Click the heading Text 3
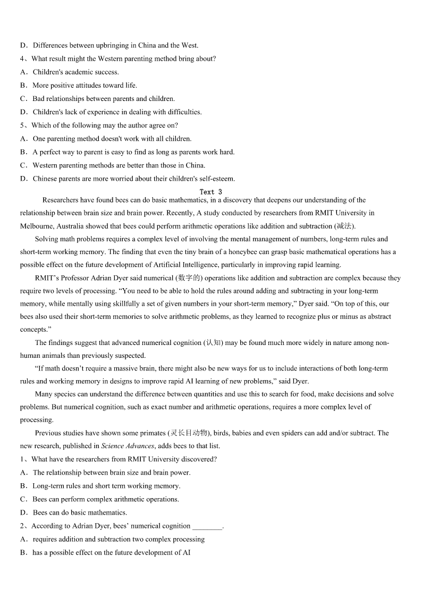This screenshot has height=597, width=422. (x=210, y=192)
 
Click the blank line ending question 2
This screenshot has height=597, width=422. (x=207, y=526)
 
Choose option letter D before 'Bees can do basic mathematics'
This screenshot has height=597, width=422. (x=23, y=512)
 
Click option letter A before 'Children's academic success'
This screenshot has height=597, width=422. (x=23, y=72)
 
